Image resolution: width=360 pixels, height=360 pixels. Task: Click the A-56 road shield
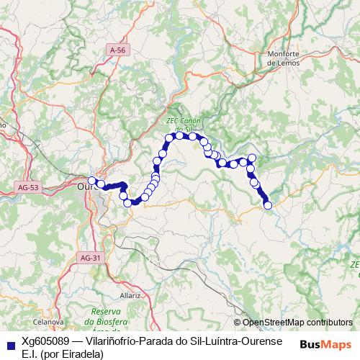(x=118, y=50)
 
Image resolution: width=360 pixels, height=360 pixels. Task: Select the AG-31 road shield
(x=91, y=258)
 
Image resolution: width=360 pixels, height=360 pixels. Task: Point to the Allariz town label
(x=131, y=295)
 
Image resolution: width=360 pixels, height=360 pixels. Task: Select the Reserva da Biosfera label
(x=105, y=311)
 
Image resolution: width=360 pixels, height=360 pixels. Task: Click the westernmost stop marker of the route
(x=91, y=181)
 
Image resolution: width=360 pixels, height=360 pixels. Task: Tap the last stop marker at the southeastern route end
(x=269, y=205)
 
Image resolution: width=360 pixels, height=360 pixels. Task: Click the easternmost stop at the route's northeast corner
(x=252, y=158)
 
